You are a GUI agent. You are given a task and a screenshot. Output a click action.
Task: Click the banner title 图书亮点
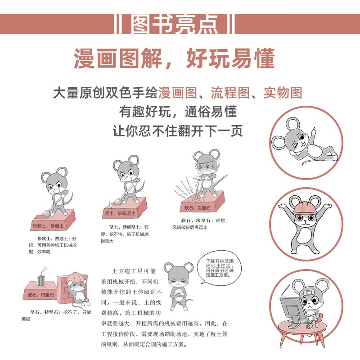coord(175,24)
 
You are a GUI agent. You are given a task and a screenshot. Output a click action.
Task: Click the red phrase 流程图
coord(230,93)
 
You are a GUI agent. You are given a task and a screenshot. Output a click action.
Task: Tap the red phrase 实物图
coord(283,93)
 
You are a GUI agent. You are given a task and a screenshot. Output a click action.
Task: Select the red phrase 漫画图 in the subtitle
coord(178,93)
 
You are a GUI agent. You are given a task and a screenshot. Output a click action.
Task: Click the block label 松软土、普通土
coord(48,226)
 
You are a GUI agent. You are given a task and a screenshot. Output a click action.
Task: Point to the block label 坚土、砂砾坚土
coord(120,213)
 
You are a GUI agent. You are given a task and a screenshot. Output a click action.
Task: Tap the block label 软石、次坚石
coord(198,208)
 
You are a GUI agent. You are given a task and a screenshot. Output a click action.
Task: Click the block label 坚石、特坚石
coord(41,295)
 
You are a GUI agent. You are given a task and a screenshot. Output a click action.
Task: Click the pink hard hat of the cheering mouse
coord(305,207)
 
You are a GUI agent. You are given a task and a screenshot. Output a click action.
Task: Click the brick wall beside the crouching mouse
coord(65,289)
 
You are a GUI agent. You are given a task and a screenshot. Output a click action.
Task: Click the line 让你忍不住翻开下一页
coord(178,131)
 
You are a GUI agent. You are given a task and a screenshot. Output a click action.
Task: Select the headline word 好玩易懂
coord(230,58)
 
